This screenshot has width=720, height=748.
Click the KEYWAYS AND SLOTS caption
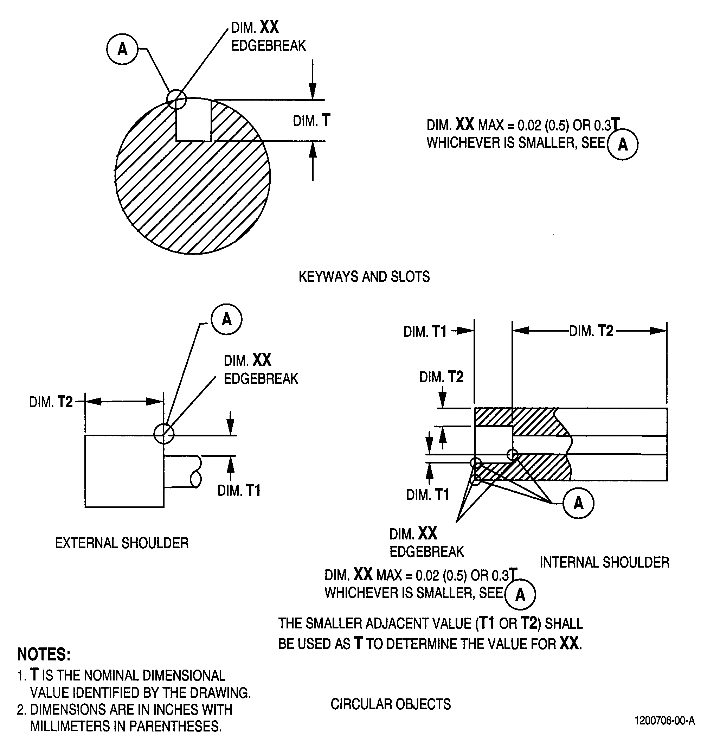pyautogui.click(x=364, y=277)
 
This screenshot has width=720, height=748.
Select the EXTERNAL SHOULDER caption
pyautogui.click(x=122, y=543)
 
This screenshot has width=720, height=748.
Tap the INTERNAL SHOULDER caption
pyautogui.click(x=604, y=562)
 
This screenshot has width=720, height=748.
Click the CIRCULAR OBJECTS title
pyautogui.click(x=391, y=704)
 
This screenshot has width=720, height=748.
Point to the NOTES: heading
pyautogui.click(x=44, y=654)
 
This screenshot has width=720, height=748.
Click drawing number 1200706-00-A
pyautogui.click(x=665, y=721)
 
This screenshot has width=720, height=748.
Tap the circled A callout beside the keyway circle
pyautogui.click(x=122, y=49)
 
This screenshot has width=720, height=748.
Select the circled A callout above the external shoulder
pyautogui.click(x=227, y=319)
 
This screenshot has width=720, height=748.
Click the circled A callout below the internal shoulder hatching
pyautogui.click(x=578, y=503)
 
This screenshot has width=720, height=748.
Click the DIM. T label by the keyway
pyautogui.click(x=311, y=121)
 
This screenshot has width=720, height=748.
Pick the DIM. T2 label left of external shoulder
pyautogui.click(x=51, y=402)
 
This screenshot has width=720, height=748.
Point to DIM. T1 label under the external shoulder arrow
pyautogui.click(x=239, y=490)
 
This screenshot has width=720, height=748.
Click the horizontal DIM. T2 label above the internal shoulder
pyautogui.click(x=591, y=331)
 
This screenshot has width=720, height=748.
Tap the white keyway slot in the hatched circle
pyautogui.click(x=193, y=120)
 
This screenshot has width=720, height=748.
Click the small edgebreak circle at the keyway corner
pyautogui.click(x=176, y=100)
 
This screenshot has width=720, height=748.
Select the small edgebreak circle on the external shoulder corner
pyautogui.click(x=164, y=434)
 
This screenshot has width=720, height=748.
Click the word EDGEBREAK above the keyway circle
pyautogui.click(x=269, y=46)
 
